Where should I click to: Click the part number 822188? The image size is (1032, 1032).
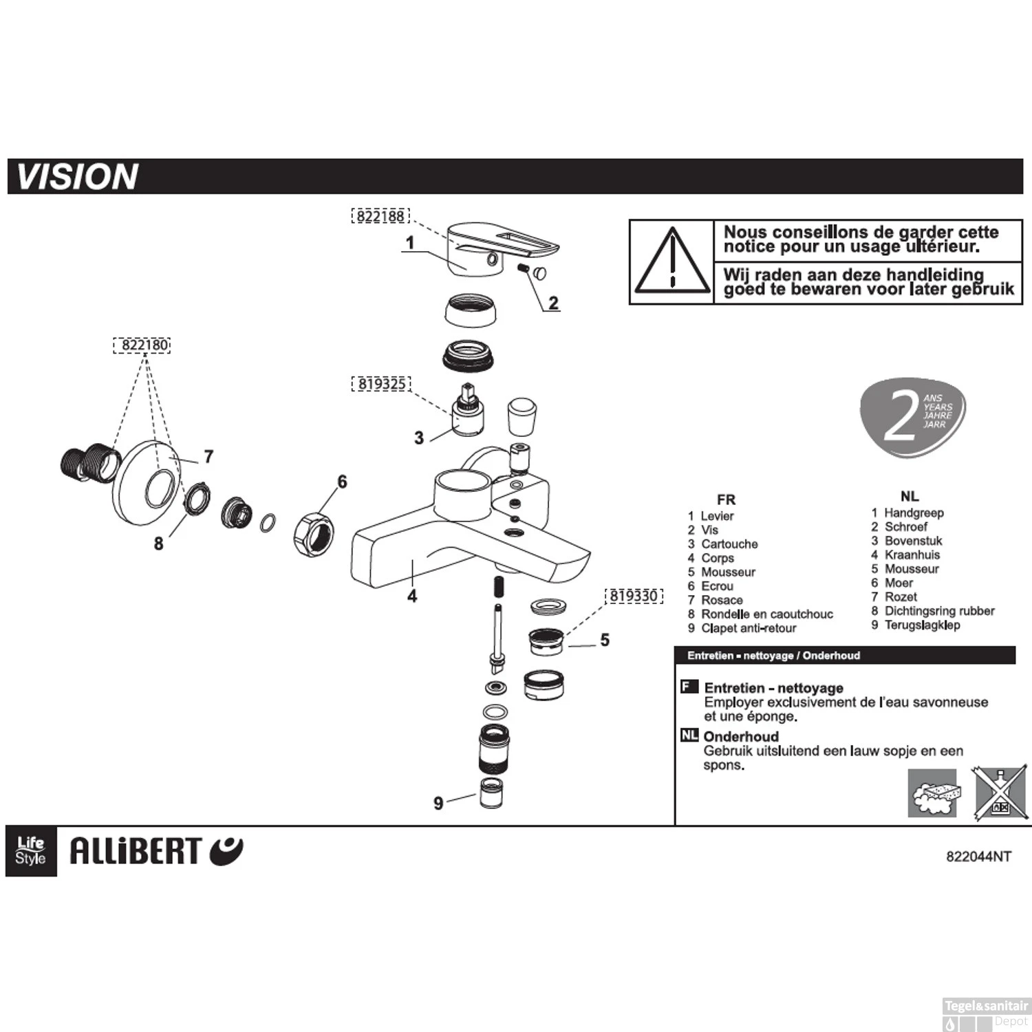(380, 216)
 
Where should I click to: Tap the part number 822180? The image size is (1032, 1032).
(141, 345)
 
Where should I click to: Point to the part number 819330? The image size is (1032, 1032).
(633, 596)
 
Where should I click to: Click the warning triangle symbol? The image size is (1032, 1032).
(672, 261)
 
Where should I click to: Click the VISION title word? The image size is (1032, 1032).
(77, 177)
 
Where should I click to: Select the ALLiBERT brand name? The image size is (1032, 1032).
(136, 852)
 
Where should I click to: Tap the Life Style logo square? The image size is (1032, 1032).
(31, 851)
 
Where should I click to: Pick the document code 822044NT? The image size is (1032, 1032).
(978, 857)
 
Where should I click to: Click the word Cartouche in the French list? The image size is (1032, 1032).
(729, 544)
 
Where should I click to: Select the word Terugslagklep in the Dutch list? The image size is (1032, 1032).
(922, 625)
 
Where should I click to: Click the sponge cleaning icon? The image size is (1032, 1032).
(932, 793)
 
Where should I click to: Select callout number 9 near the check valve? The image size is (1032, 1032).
(438, 803)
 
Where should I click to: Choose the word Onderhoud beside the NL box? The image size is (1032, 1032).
(741, 737)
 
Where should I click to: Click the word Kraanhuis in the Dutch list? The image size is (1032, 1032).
(912, 555)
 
